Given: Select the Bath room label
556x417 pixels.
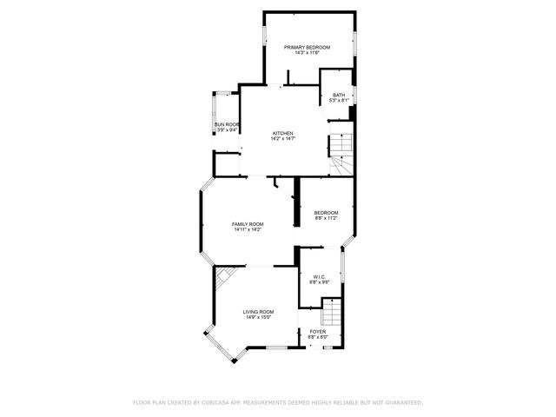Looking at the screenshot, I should tap(339, 95).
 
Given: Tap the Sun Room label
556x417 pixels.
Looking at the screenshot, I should tap(227, 124).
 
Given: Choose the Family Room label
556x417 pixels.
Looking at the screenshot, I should tap(248, 224).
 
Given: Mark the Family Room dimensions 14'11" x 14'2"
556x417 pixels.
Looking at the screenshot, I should tap(248, 230).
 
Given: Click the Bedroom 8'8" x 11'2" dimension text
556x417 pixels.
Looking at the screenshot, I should tap(326, 219).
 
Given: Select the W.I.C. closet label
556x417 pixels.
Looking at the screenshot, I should tap(319, 277).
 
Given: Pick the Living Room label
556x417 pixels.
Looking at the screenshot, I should tap(258, 312).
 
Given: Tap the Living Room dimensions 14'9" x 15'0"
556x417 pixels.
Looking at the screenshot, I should tap(258, 318).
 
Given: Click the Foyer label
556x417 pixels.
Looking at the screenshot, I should tap(318, 332).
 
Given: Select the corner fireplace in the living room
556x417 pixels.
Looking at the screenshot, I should tap(225, 275).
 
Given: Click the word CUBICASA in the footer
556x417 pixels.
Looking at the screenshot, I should tap(217, 402).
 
